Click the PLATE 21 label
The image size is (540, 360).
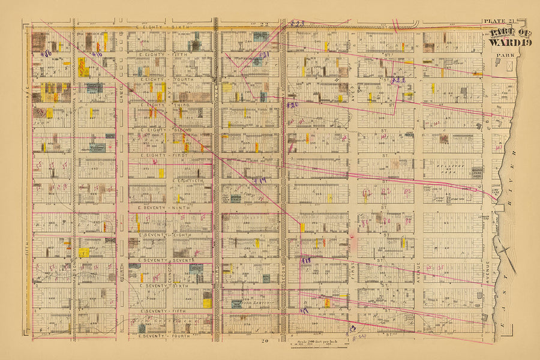496,22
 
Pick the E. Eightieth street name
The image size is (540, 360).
187,181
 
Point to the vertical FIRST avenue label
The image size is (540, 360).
353,270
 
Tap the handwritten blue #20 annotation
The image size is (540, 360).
292,105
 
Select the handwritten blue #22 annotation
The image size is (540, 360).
398,80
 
